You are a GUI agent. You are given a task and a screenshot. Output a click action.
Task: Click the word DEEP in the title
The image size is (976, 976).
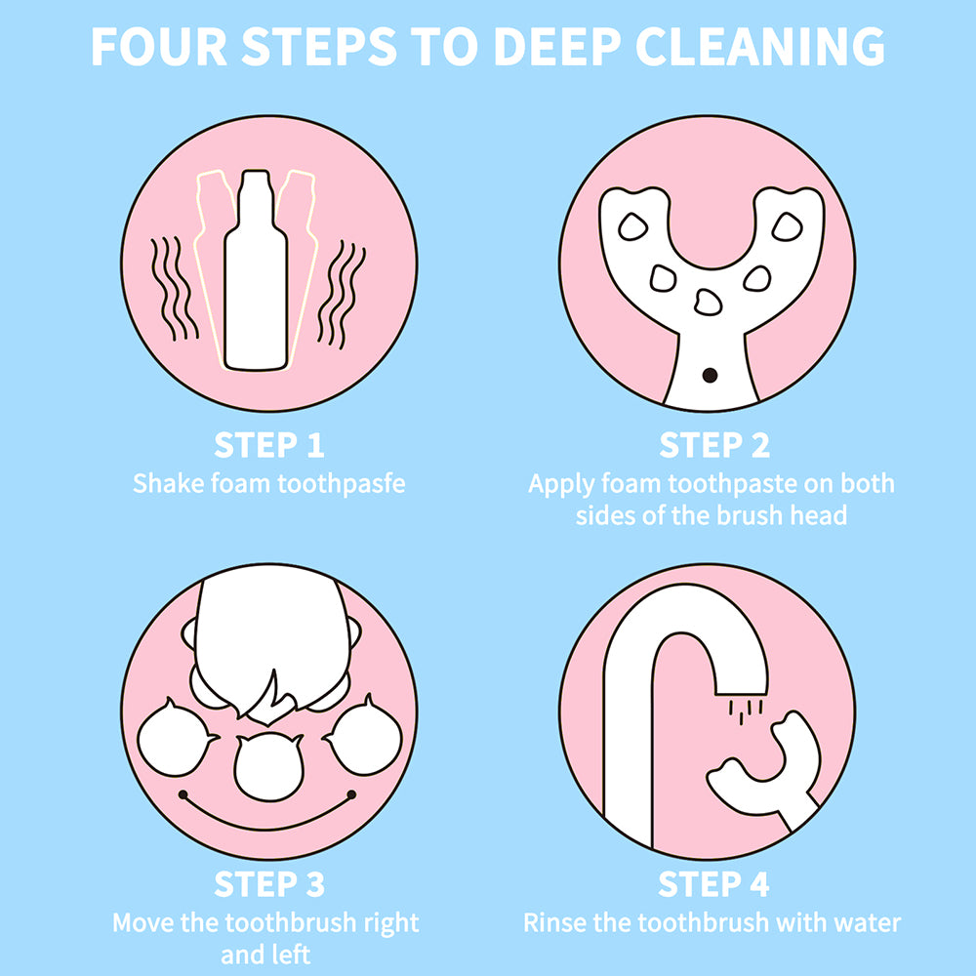pyautogui.click(x=556, y=46)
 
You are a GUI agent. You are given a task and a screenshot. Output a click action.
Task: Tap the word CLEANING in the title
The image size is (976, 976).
pyautogui.click(x=759, y=46)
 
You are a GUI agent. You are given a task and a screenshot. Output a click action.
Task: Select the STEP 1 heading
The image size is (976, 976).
pyautogui.click(x=269, y=445)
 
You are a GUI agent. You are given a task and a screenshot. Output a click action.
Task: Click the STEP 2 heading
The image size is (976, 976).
pyautogui.click(x=714, y=445)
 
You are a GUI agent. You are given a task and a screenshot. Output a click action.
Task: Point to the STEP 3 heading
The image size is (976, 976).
pyautogui.click(x=269, y=884)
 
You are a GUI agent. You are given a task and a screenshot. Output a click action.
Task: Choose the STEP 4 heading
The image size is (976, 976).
pyautogui.click(x=713, y=884)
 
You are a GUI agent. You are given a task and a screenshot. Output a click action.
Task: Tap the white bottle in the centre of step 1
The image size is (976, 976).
pyautogui.click(x=256, y=270)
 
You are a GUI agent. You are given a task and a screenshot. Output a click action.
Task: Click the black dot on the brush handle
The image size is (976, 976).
pyautogui.click(x=710, y=376)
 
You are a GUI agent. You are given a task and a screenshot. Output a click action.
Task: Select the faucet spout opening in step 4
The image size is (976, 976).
pyautogui.click(x=742, y=692)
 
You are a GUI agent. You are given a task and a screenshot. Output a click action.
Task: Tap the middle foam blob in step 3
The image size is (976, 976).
pyautogui.click(x=269, y=766)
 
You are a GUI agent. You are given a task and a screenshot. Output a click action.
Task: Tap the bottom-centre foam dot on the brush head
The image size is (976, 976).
pyautogui.click(x=708, y=303)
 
